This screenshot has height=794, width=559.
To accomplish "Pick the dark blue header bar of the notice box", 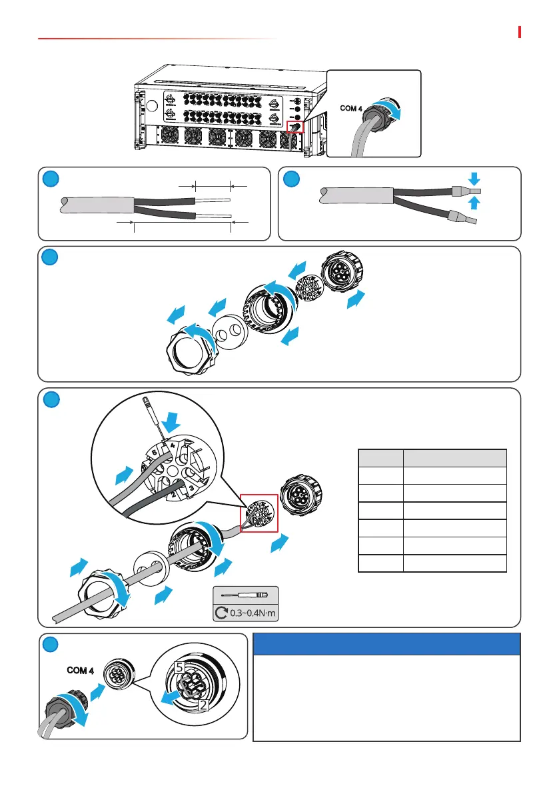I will click(x=386, y=645).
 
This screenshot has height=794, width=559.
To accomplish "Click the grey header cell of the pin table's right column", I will click(x=454, y=458).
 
